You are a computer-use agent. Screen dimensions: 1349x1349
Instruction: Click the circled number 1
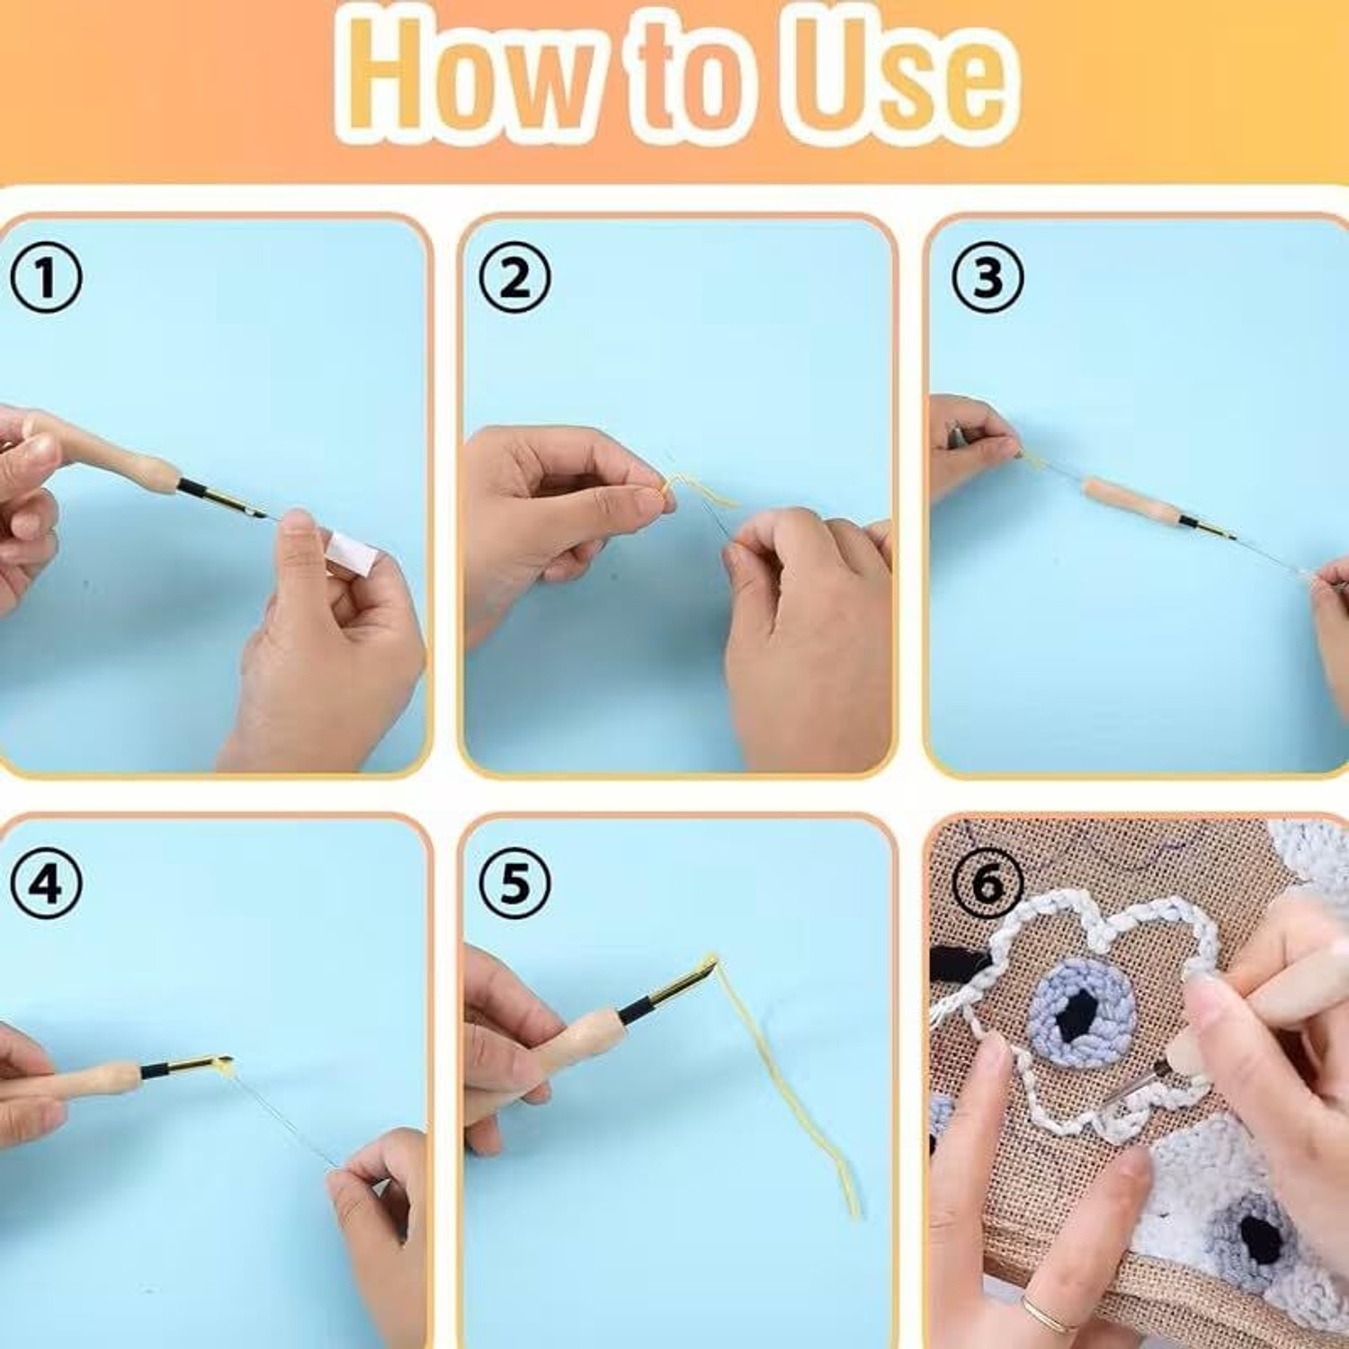46,278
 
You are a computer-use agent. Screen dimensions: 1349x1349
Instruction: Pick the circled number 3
987,278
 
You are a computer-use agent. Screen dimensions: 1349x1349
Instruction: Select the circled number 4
46,884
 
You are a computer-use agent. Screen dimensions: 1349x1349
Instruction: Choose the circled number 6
987,884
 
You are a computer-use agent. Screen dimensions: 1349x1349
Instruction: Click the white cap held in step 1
351,554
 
